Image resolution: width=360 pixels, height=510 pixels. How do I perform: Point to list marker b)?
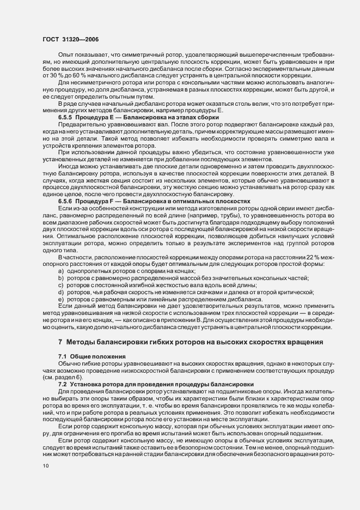tap(61, 277)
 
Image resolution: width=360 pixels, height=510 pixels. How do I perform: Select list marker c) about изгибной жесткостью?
tap(61, 284)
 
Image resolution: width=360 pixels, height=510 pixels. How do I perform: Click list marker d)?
tap(61, 292)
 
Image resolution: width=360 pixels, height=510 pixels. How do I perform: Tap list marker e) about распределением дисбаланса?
tap(61, 299)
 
